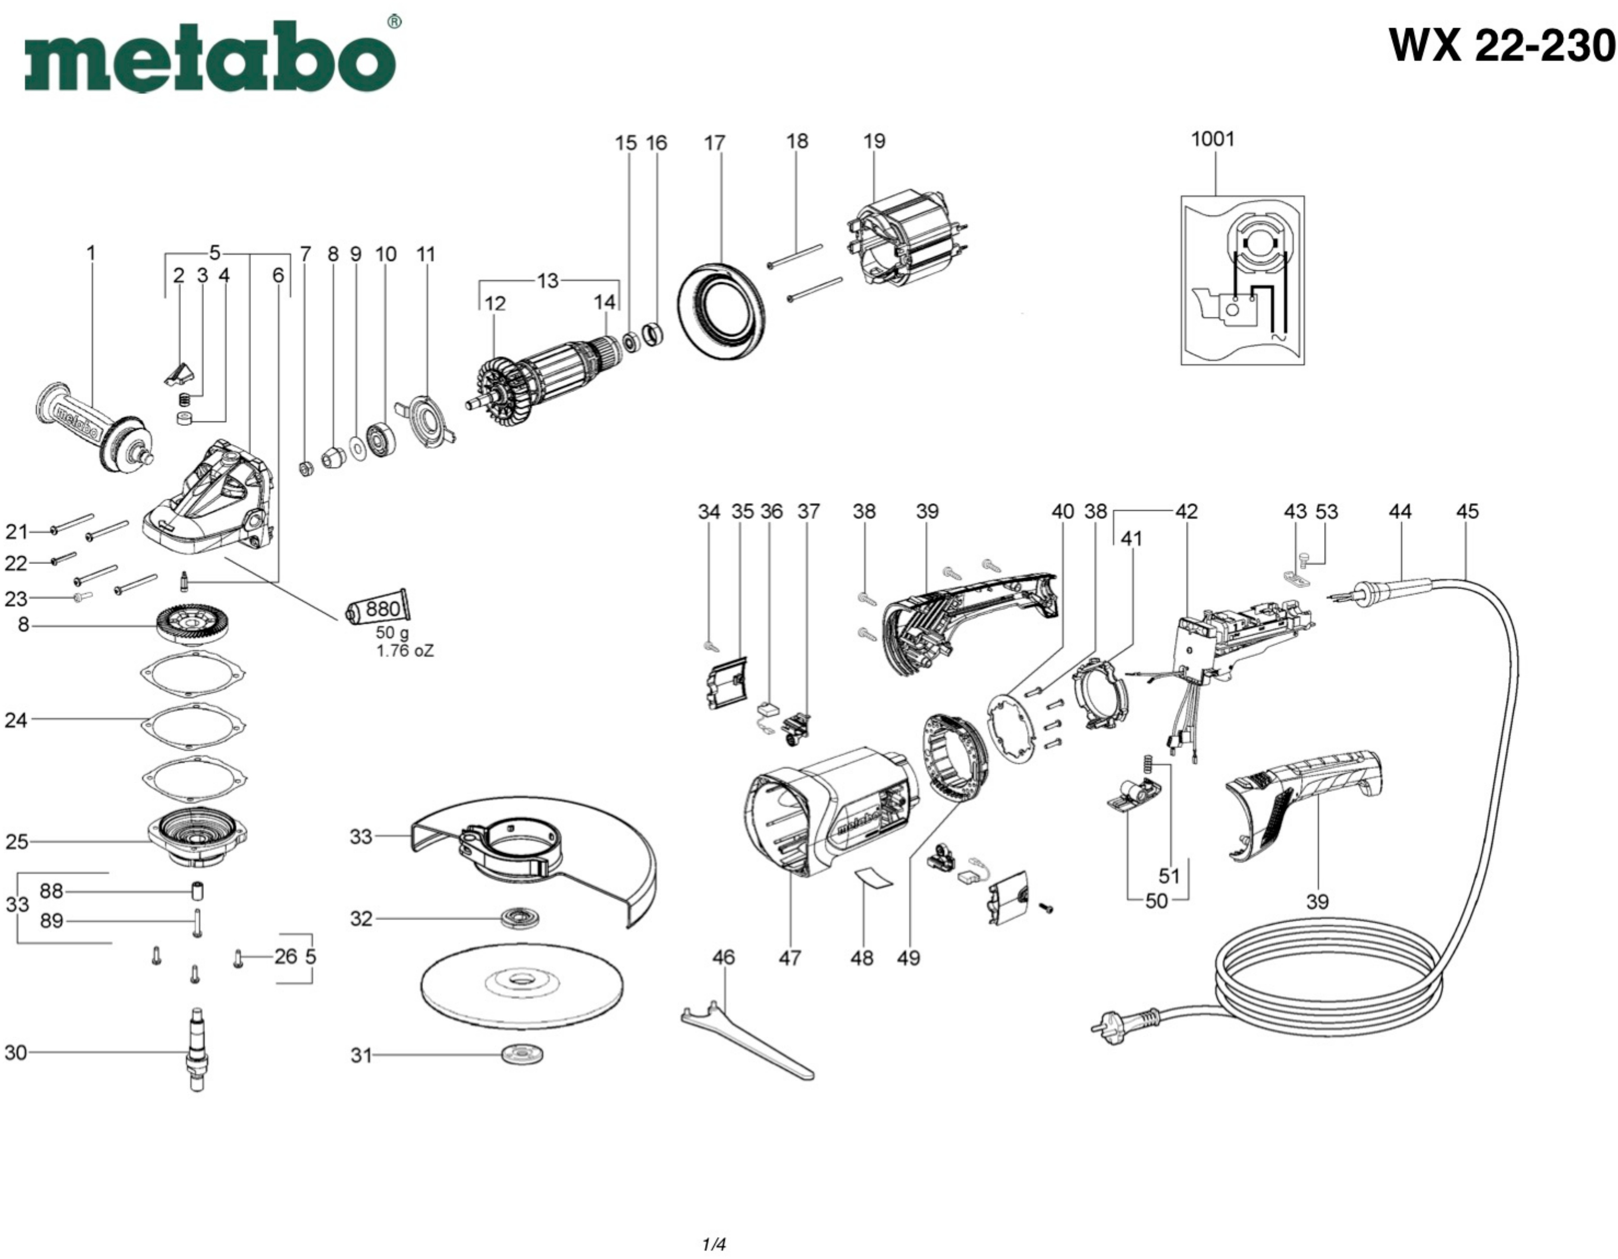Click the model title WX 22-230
pos(1501,46)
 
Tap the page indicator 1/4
pos(713,1244)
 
